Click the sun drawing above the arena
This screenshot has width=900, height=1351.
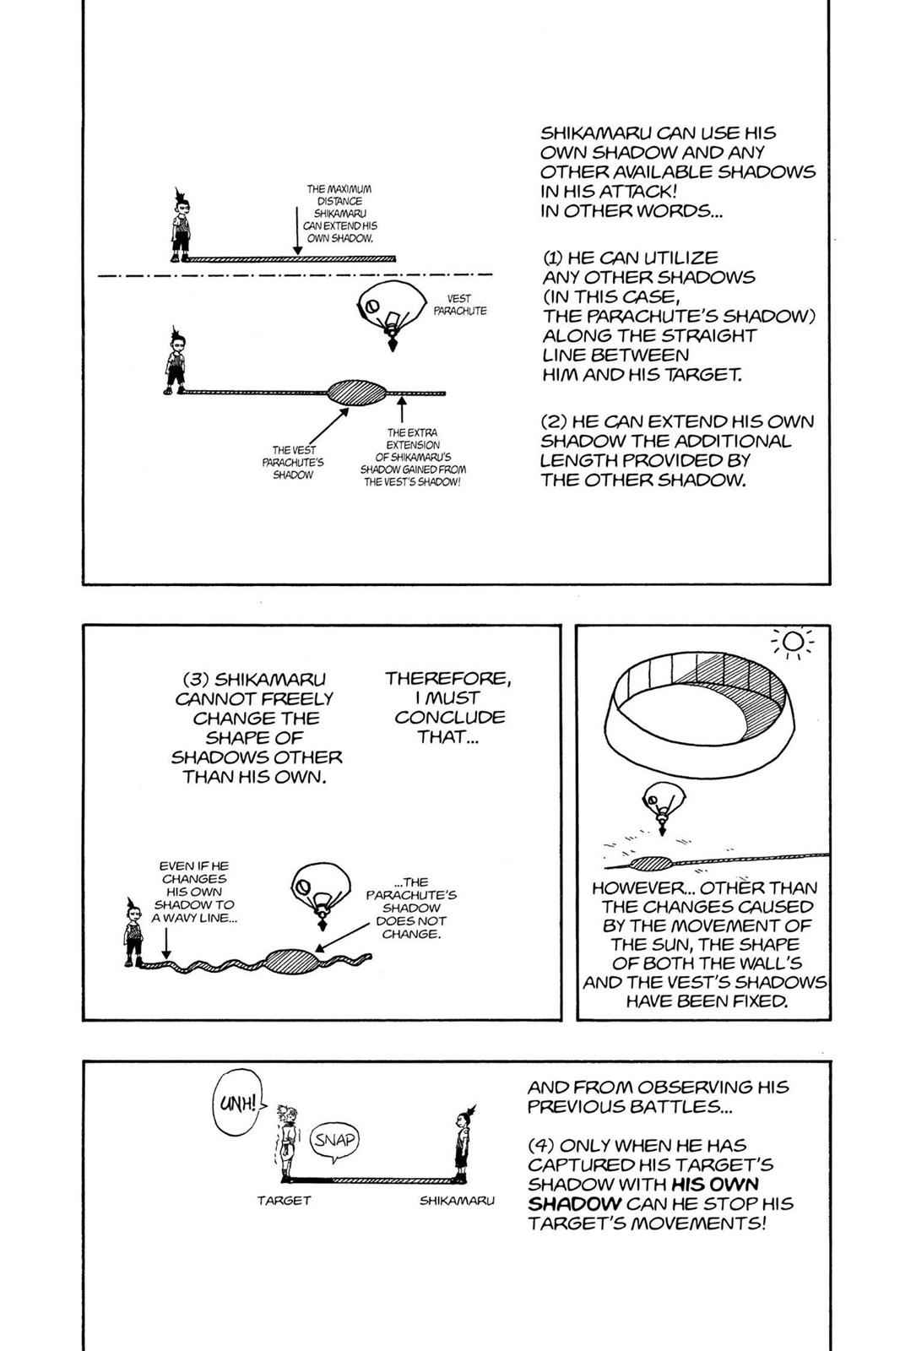point(792,644)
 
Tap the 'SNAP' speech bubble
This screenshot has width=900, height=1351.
point(335,1140)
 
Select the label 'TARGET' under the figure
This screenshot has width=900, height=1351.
point(284,1200)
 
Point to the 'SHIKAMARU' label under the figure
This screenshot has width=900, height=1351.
point(457,1200)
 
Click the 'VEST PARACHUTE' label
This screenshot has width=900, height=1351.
point(459,305)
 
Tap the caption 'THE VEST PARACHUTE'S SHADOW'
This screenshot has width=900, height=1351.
point(292,462)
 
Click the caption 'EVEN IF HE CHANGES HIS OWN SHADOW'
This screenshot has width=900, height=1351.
point(193,892)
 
